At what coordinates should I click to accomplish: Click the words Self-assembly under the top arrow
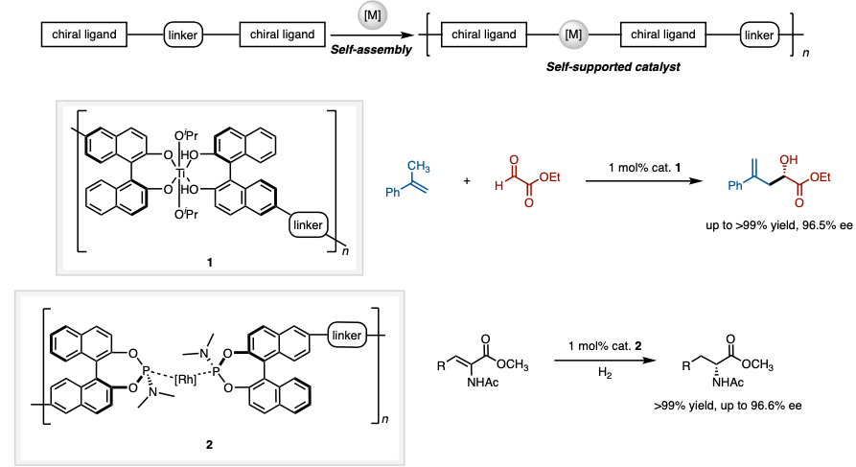(x=371, y=49)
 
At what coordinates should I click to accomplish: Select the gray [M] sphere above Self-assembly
(x=371, y=15)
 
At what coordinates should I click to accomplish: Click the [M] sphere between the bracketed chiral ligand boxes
(x=573, y=35)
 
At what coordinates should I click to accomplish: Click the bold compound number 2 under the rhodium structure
(x=210, y=444)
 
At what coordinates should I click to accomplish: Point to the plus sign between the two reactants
(x=467, y=180)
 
